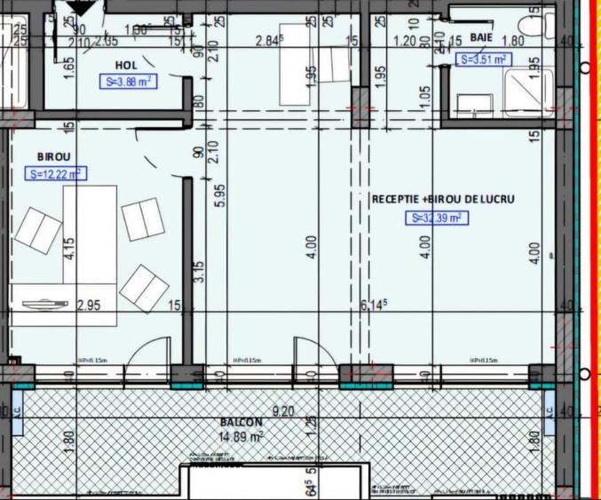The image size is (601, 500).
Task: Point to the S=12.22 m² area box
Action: point(56,173)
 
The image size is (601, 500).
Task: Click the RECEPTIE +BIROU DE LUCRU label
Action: point(443,199)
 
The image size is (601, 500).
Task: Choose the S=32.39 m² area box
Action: point(436,218)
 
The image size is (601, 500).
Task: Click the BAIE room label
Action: point(481,38)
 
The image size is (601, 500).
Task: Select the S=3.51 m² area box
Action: point(481,60)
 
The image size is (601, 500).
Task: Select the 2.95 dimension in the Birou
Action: point(87,306)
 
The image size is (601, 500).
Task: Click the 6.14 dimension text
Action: point(370,306)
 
